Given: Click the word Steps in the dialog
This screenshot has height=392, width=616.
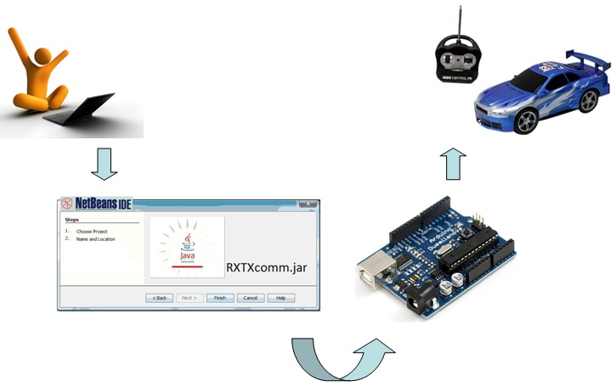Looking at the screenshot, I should pyautogui.click(x=72, y=220).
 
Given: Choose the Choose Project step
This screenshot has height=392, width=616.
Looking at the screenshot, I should pyautogui.click(x=92, y=231).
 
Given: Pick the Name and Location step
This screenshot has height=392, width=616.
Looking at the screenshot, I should pyautogui.click(x=95, y=239).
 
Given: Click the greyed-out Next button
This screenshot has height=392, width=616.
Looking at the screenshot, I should pyautogui.click(x=189, y=298).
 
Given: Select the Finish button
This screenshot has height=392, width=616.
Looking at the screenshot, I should pyautogui.click(x=219, y=298).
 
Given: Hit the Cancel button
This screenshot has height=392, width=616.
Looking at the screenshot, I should pyautogui.click(x=249, y=298).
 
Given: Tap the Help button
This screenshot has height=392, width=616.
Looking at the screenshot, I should pyautogui.click(x=280, y=298).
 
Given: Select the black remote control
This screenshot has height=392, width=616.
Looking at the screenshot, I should pyautogui.click(x=459, y=61).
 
